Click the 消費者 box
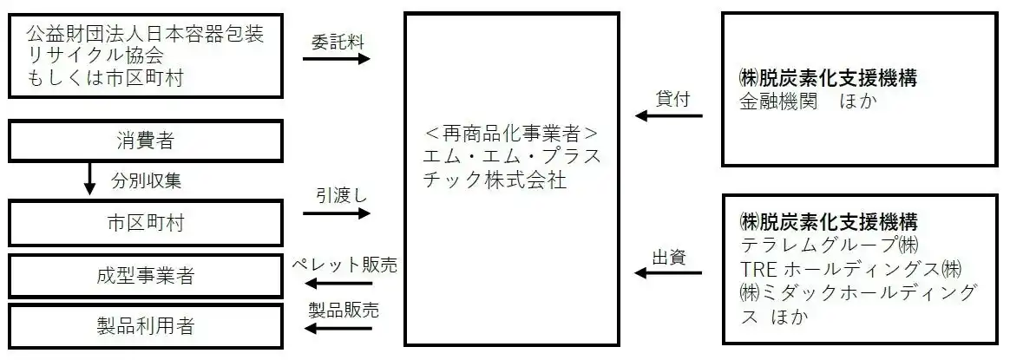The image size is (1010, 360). [145, 141]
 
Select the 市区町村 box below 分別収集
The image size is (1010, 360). [145, 223]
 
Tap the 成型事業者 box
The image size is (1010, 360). [145, 277]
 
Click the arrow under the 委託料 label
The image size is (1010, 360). [336, 59]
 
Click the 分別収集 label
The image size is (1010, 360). [145, 181]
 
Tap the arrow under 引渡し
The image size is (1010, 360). [336, 213]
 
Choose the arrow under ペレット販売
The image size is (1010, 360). [336, 284]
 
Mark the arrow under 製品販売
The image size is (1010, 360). [336, 329]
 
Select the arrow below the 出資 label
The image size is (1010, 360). [668, 273]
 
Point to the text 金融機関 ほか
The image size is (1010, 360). [808, 101]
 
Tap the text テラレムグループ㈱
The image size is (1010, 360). [830, 244]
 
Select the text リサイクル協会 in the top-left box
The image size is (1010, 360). [95, 56]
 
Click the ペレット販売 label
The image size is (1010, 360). [344, 265]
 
